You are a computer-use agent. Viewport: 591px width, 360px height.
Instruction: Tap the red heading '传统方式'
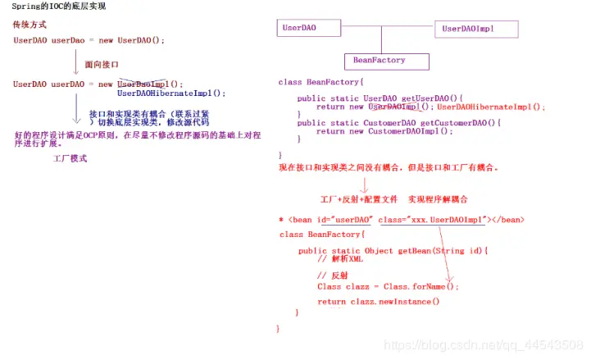pyautogui.click(x=30, y=25)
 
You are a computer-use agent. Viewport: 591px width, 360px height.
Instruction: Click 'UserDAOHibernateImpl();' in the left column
pyautogui.click(x=170, y=93)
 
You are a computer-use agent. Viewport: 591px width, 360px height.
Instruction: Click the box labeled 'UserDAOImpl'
pyautogui.click(x=476, y=29)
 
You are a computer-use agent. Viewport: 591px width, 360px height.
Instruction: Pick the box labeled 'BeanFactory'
pyautogui.click(x=378, y=60)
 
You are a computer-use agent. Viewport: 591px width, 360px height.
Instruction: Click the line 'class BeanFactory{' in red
pyautogui.click(x=320, y=82)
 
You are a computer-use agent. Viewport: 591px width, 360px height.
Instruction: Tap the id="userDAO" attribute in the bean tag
pyautogui.click(x=348, y=219)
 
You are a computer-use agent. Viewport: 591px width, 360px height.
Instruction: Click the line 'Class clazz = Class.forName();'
pyautogui.click(x=389, y=286)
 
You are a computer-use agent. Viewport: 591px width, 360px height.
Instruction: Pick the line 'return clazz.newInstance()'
pyautogui.click(x=379, y=302)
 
